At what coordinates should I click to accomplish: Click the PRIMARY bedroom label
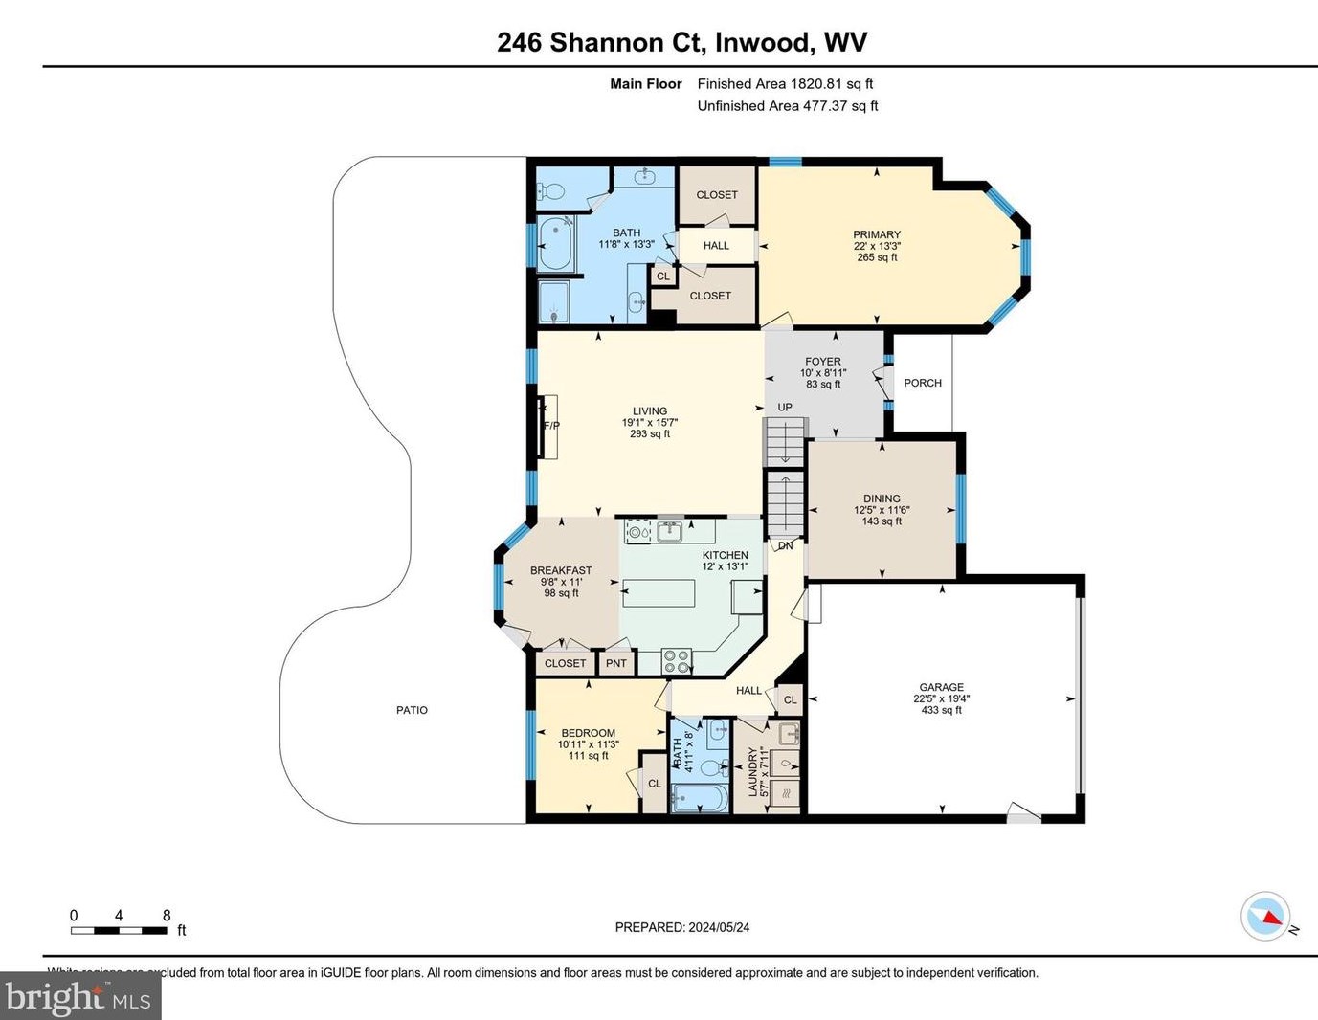877,234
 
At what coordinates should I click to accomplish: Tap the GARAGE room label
941,687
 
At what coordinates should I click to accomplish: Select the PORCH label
923,383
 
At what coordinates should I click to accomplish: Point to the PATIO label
412,710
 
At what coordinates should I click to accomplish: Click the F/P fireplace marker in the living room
551,426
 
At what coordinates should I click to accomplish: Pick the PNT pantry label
616,663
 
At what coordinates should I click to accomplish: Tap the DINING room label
882,499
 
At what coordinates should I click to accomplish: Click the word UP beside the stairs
785,408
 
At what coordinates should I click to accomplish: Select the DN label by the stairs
785,546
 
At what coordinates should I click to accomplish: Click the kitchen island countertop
659,593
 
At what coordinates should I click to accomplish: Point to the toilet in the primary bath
553,191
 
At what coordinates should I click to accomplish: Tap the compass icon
1265,917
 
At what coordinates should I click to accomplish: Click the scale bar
119,930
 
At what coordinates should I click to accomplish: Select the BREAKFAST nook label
561,570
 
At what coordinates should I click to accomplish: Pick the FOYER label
823,362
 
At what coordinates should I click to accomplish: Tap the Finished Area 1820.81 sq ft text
785,84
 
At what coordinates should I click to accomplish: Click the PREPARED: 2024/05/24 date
681,927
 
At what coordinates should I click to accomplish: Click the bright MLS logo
80,997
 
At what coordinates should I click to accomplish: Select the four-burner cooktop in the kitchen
677,660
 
